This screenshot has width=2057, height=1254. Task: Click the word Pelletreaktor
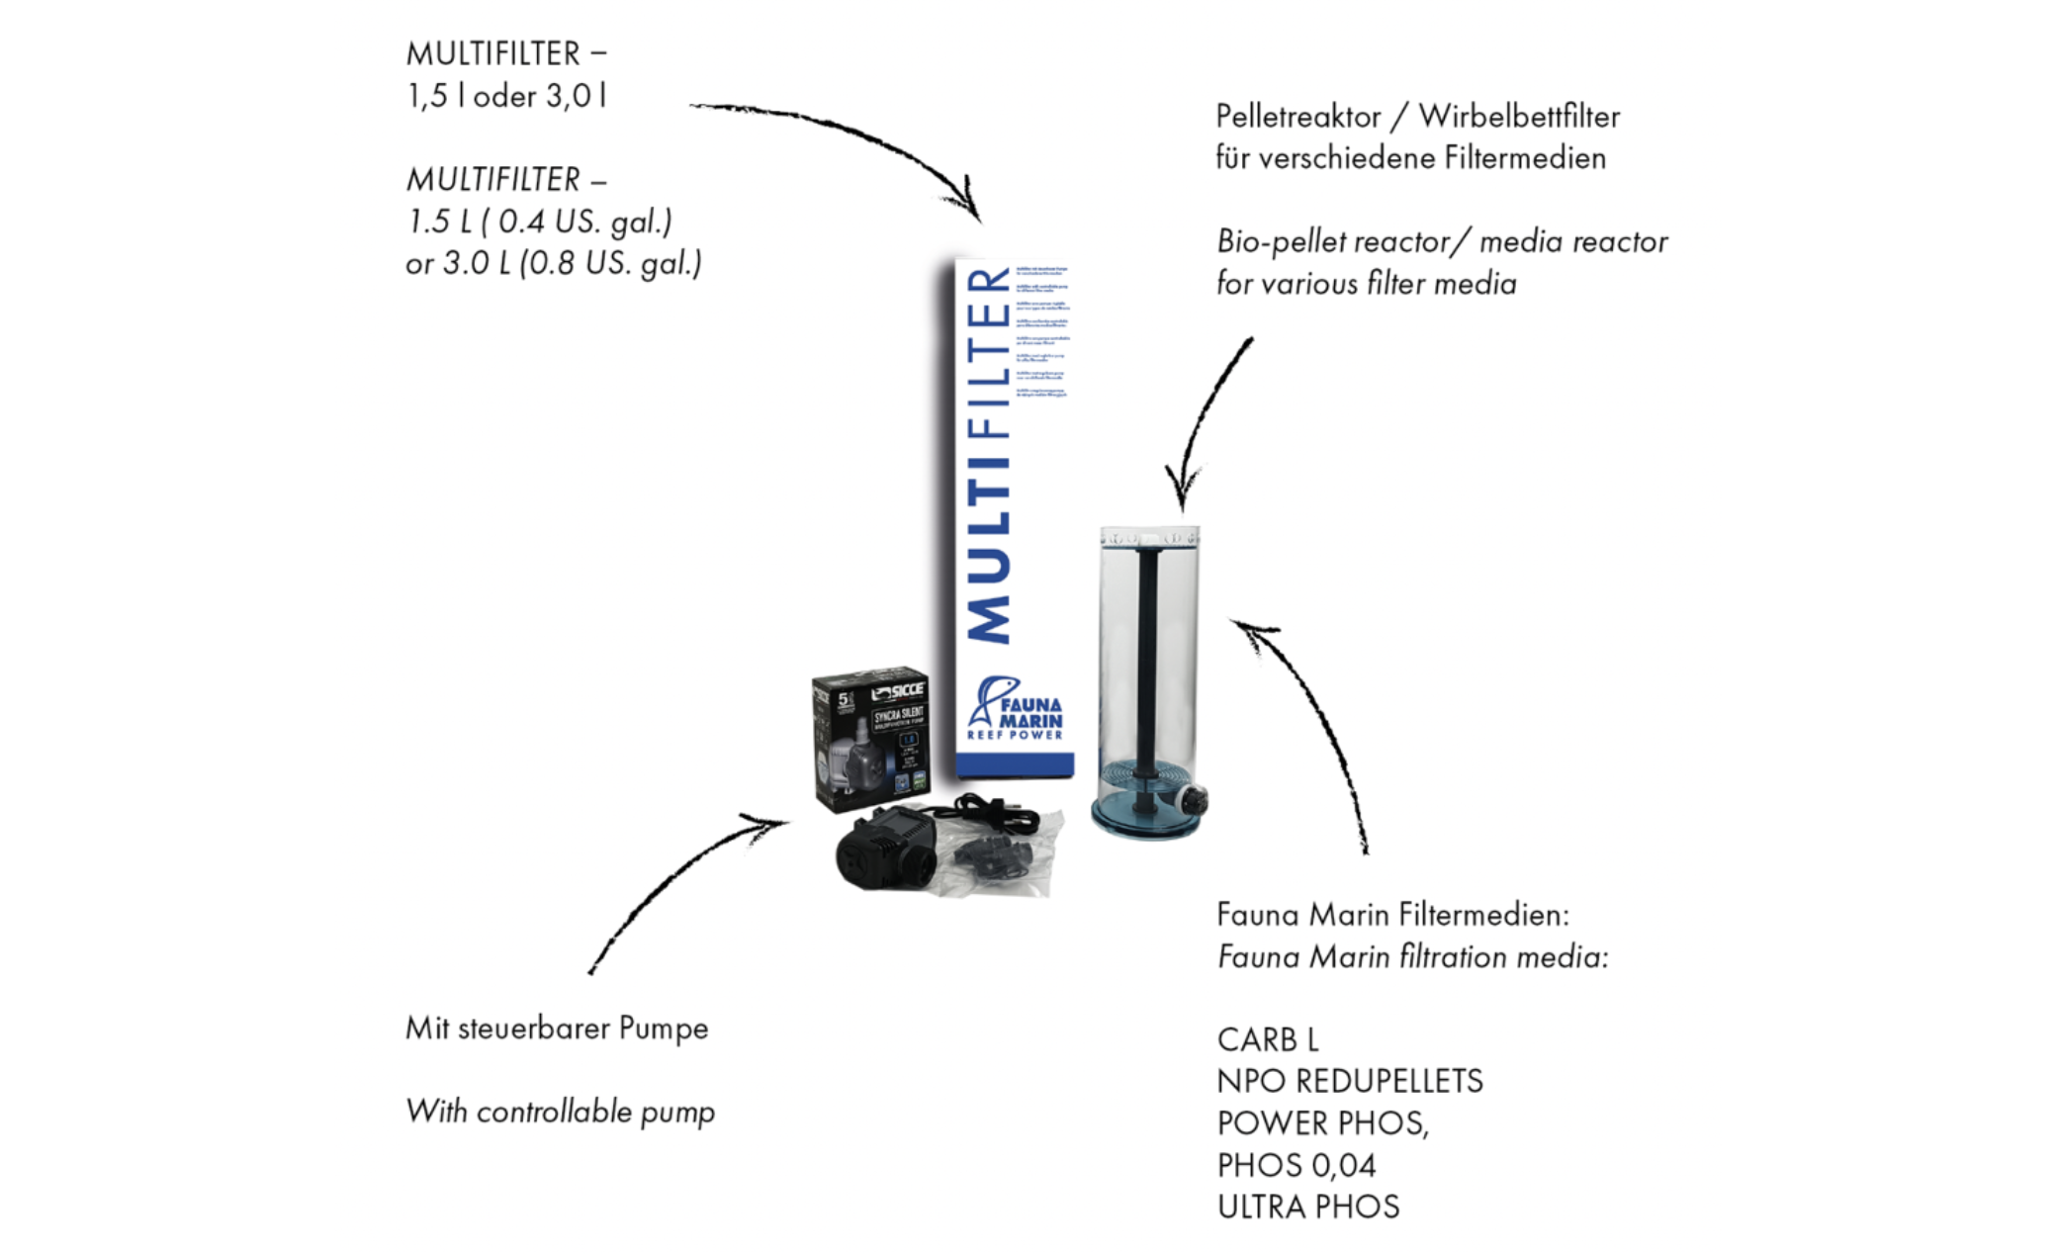tap(1297, 117)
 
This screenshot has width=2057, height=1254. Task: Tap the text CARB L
tap(1268, 1039)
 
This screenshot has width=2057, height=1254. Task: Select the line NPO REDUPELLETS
tap(1350, 1081)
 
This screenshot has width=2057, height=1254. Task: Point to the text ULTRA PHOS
tap(1308, 1207)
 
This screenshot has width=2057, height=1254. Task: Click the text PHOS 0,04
tap(1297, 1165)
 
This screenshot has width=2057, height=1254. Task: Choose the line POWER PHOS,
tap(1323, 1123)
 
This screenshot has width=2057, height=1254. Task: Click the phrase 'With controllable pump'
tap(560, 1112)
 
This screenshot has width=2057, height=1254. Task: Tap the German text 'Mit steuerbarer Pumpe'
tap(557, 1029)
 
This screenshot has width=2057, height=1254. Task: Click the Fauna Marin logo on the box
tap(1015, 708)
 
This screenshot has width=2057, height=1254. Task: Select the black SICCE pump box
tap(870, 737)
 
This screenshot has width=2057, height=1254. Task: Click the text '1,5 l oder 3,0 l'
tap(507, 96)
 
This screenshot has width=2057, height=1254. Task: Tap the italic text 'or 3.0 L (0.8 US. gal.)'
tap(554, 263)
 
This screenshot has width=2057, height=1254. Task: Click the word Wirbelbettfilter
tap(1519, 117)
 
